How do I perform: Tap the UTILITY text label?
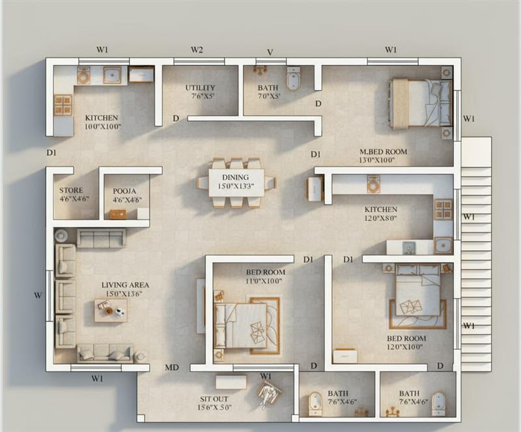click(x=200, y=88)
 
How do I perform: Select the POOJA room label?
click(x=124, y=191)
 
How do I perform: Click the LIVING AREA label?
click(x=125, y=285)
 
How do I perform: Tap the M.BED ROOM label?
click(x=383, y=152)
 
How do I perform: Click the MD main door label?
click(x=171, y=368)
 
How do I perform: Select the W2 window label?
click(x=197, y=50)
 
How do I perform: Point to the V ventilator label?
click(x=269, y=52)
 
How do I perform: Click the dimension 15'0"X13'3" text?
click(x=236, y=186)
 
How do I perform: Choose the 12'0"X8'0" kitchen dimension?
click(x=381, y=218)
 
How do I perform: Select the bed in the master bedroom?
click(x=421, y=103)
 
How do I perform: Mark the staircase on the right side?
click(x=475, y=254)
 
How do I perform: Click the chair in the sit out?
click(x=268, y=393)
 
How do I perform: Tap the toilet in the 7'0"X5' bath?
click(x=293, y=78)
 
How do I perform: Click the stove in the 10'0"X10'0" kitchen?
click(x=63, y=105)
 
